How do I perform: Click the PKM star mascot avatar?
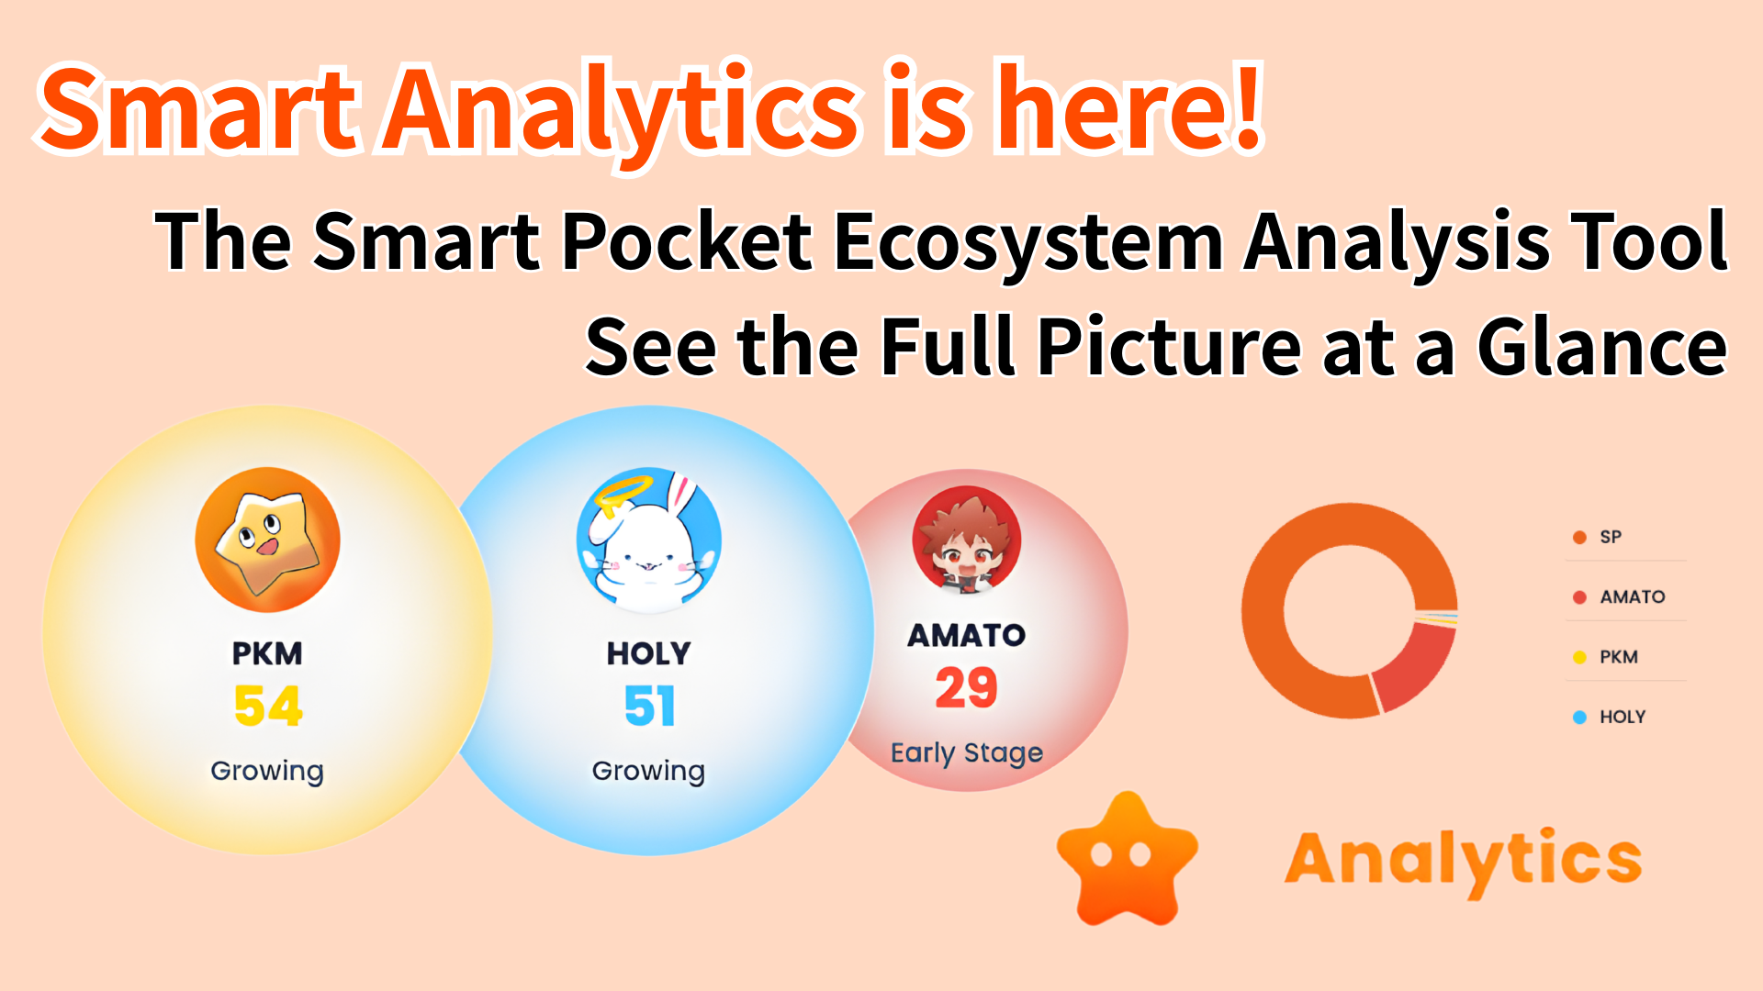tap(267, 540)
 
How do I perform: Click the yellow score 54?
tap(267, 706)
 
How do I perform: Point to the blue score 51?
tap(649, 706)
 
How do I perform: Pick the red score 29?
tap(966, 687)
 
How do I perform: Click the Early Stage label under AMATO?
tap(967, 753)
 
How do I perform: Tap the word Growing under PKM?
tap(267, 771)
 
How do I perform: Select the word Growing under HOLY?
tap(648, 771)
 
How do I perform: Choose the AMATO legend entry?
tap(1619, 596)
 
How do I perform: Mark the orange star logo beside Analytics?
tap(1128, 858)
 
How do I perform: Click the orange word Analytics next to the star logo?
tap(1464, 861)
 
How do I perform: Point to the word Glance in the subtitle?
tap(1602, 347)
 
